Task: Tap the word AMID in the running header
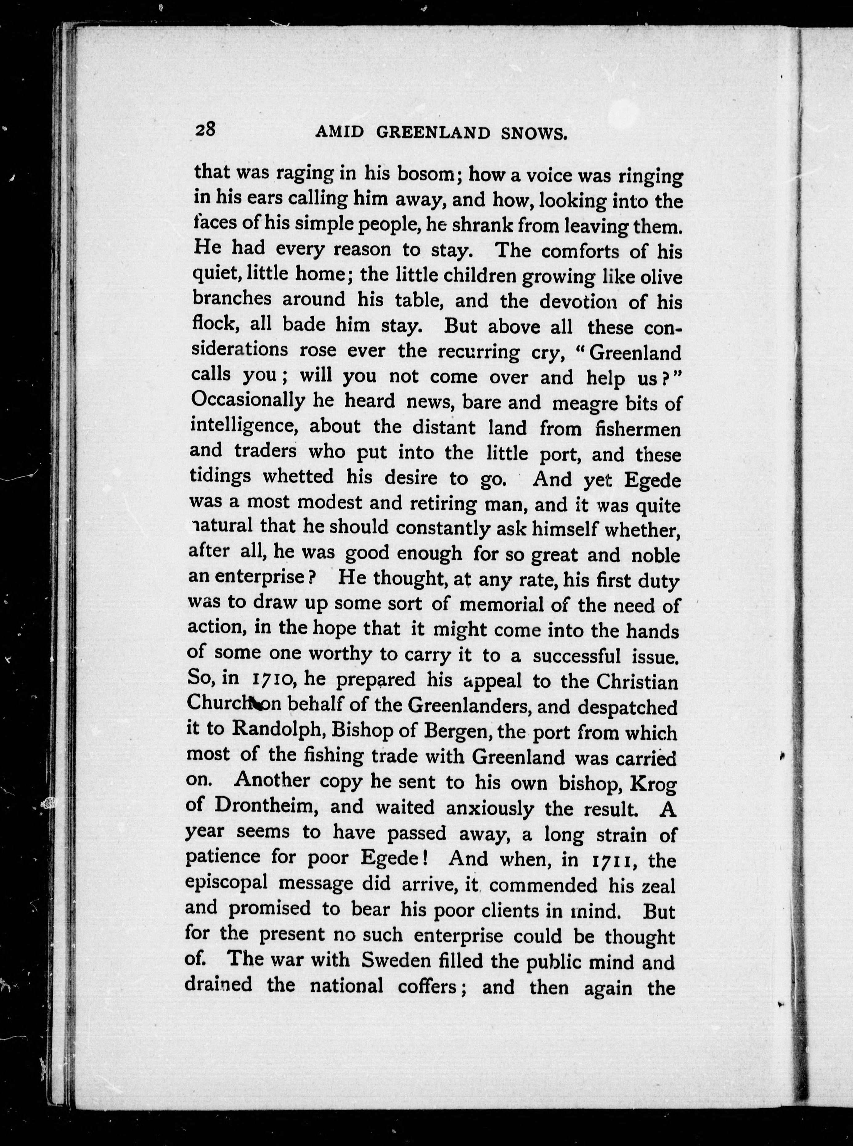tap(339, 133)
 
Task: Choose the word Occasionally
tap(247, 400)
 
